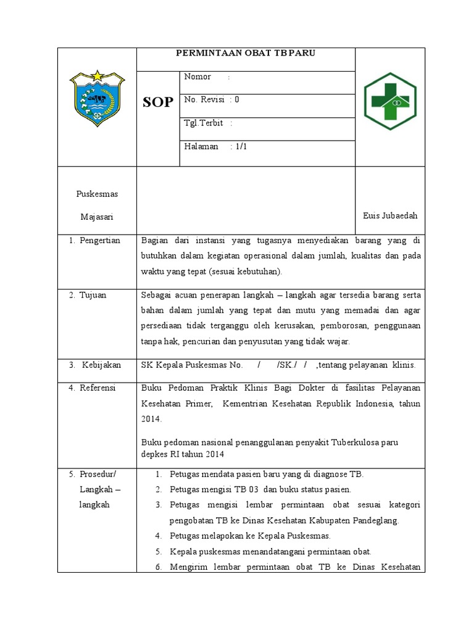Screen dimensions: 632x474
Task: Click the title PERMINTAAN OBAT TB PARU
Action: click(246, 53)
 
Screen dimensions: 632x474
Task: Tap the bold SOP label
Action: click(158, 102)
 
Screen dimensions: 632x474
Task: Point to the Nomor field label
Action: click(197, 77)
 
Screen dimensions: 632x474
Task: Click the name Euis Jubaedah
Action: click(390, 215)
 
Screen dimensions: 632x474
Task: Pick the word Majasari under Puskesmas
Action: click(97, 217)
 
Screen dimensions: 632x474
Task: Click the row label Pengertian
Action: click(99, 240)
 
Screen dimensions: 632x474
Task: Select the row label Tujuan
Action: click(93, 295)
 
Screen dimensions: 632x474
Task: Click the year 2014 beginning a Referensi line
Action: click(151, 419)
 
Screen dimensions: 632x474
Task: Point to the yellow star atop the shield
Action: click(97, 75)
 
